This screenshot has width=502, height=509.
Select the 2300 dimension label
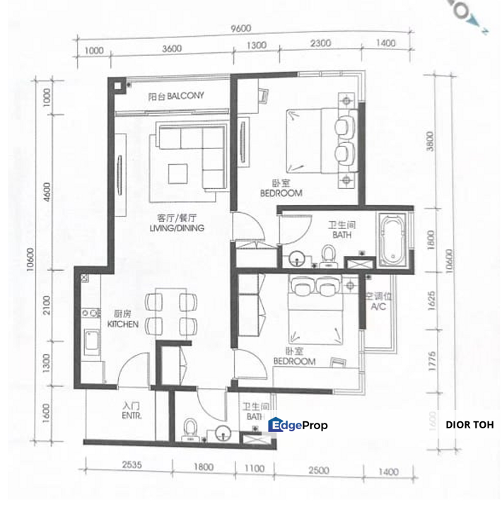pos(320,45)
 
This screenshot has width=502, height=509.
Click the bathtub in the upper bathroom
pos(392,240)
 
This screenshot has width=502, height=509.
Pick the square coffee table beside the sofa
pos(177,173)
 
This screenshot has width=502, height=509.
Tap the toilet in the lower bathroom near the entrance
pos(189,430)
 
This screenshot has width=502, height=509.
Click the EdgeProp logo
pos(298,425)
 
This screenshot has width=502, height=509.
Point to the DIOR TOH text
pos(469,425)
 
